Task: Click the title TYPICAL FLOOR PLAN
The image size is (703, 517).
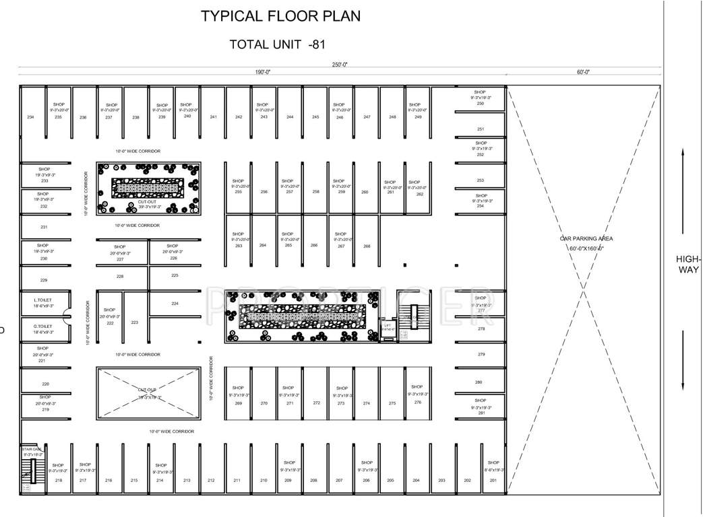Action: pyautogui.click(x=280, y=16)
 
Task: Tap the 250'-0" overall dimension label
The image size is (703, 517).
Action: pyautogui.click(x=339, y=65)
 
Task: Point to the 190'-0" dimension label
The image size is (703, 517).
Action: pyautogui.click(x=263, y=72)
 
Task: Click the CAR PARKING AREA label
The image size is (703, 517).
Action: pyautogui.click(x=586, y=238)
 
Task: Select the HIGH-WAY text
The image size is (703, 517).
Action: pyautogui.click(x=689, y=264)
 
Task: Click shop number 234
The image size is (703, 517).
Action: pyautogui.click(x=30, y=117)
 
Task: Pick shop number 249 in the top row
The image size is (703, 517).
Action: pyautogui.click(x=418, y=117)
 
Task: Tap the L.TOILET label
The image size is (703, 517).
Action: pyautogui.click(x=44, y=300)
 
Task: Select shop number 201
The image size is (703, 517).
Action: pyautogui.click(x=493, y=480)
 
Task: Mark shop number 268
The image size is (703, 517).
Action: pyautogui.click(x=367, y=246)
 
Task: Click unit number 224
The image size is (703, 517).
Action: pyautogui.click(x=175, y=304)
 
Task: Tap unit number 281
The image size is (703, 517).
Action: pyautogui.click(x=481, y=413)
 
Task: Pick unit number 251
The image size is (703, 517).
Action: pyautogui.click(x=480, y=129)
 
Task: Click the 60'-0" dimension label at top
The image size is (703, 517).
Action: pyautogui.click(x=583, y=72)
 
